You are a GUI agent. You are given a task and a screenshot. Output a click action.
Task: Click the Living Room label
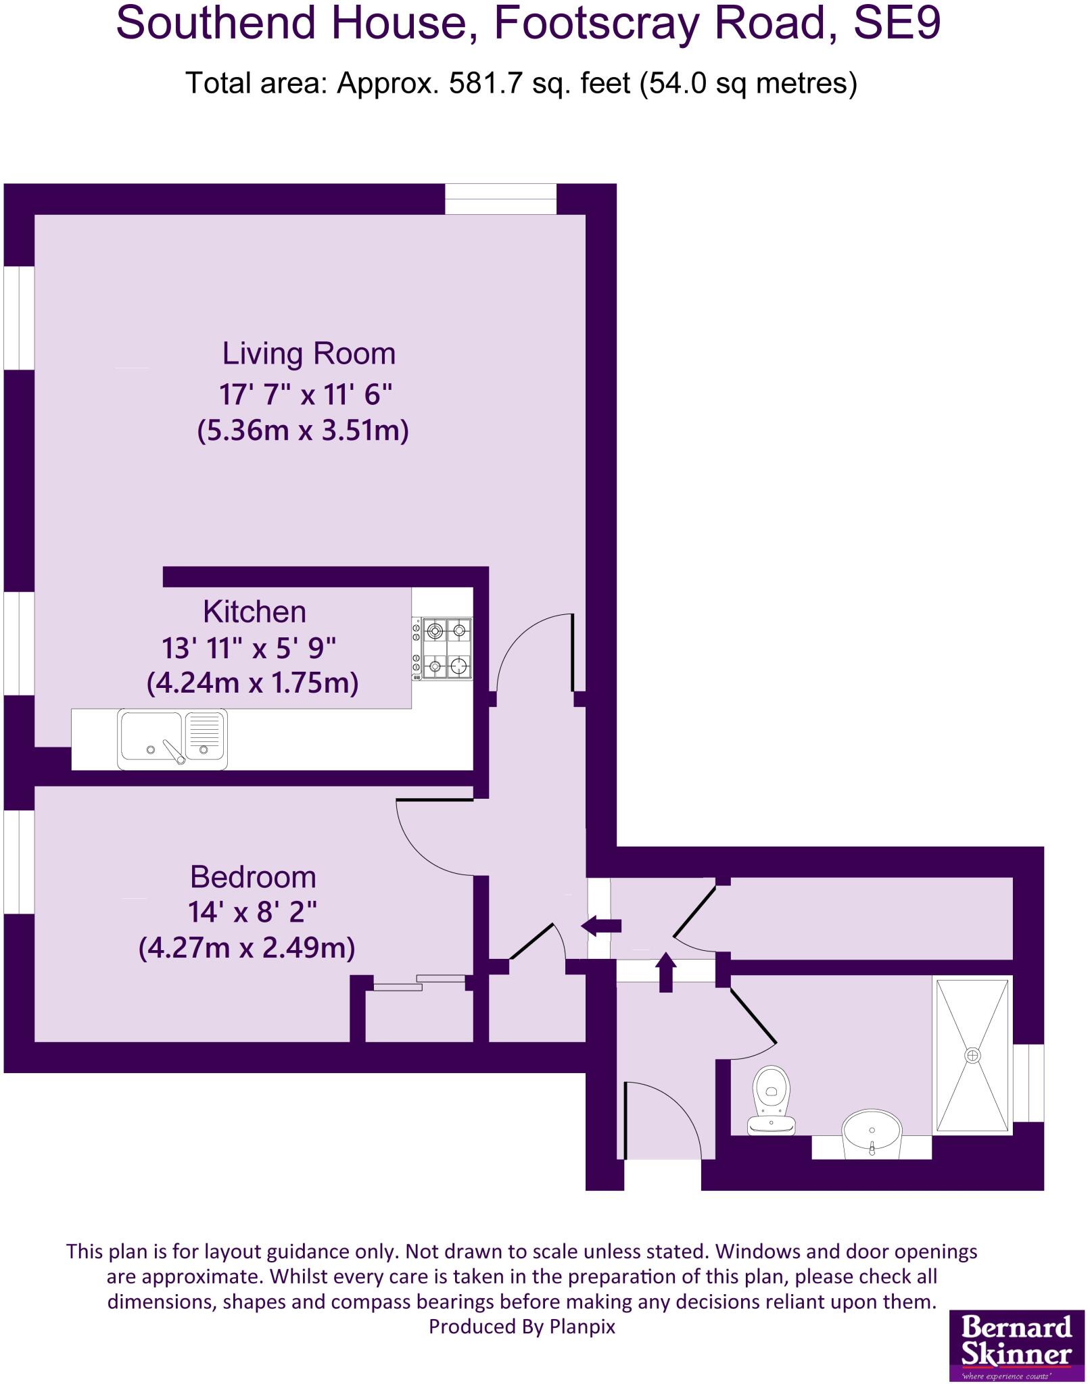click(308, 354)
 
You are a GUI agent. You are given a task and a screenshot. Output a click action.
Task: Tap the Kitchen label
click(255, 612)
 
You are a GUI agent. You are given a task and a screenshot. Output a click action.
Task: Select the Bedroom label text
click(253, 877)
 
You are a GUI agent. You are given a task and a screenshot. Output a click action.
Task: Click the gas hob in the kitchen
click(443, 649)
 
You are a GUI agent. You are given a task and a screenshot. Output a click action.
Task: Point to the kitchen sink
click(172, 739)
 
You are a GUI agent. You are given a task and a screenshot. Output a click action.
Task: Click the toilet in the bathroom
click(772, 1100)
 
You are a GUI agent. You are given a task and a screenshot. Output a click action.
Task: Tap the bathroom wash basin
click(872, 1133)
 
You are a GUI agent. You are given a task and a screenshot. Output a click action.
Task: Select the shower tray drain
click(973, 1055)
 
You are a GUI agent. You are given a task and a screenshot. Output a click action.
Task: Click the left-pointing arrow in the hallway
click(601, 926)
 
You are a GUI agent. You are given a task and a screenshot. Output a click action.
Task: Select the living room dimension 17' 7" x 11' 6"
click(306, 394)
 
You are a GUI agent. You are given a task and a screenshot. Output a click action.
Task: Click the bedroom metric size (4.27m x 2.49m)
click(247, 947)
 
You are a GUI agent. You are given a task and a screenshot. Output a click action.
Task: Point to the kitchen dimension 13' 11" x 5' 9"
click(249, 648)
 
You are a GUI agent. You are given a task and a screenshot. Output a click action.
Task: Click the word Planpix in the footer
click(582, 1327)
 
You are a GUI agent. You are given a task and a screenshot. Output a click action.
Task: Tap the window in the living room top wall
click(500, 199)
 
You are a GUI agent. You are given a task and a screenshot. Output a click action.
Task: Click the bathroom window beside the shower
click(1028, 1083)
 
